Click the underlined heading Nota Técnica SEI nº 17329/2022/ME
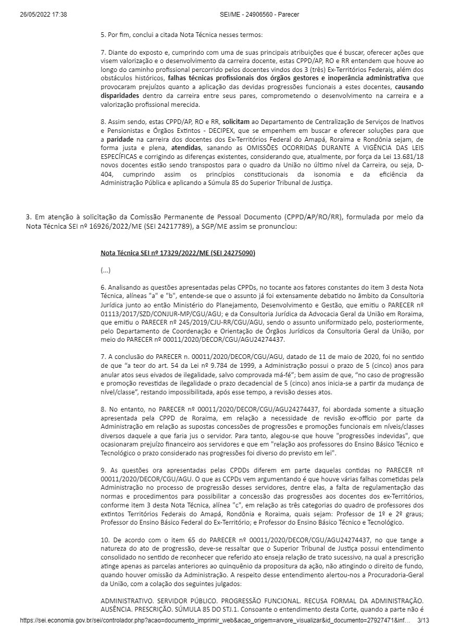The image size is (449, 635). pos(178,253)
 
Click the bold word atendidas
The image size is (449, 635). pos(186,147)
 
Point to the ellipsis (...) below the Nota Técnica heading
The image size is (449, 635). pos(106,270)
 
